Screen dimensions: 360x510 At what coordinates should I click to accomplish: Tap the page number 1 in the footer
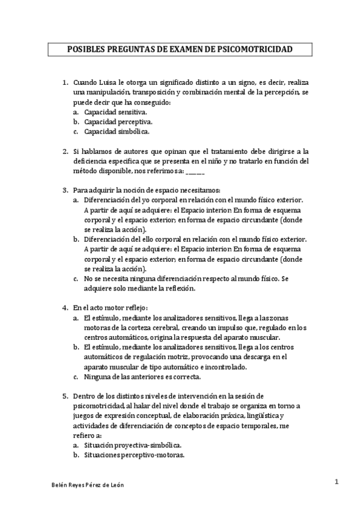(338, 481)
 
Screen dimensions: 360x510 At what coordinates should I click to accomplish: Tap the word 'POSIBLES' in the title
(81, 49)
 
